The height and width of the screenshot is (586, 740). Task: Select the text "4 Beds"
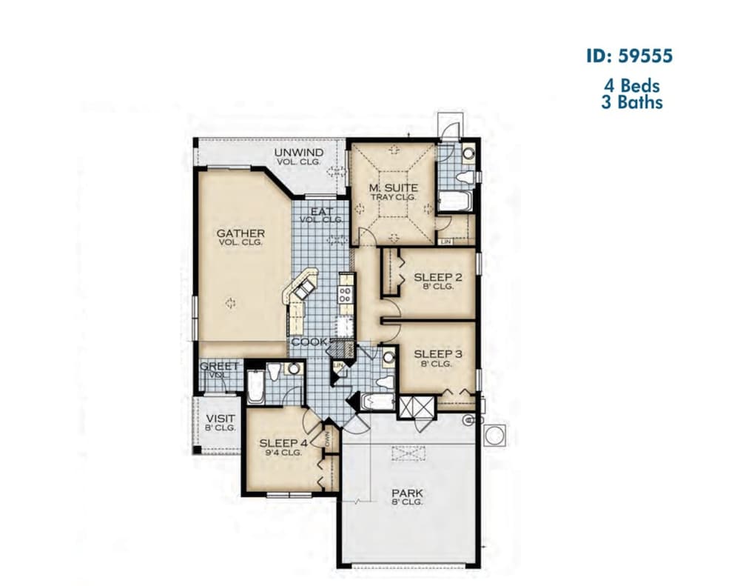[631, 86]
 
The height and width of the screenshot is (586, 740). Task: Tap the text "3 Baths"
[631, 101]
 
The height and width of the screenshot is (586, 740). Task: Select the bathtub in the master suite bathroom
[452, 200]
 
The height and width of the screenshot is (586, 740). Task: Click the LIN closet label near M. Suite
[445, 242]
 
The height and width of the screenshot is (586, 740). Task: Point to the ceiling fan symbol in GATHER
[230, 302]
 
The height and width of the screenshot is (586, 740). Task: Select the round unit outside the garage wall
[495, 435]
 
